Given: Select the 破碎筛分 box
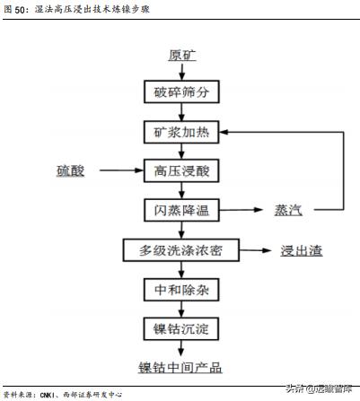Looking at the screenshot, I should [x=181, y=92].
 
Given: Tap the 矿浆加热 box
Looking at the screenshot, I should [x=181, y=132].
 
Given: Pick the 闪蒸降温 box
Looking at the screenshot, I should [x=181, y=210].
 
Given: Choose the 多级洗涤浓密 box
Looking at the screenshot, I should [x=181, y=249].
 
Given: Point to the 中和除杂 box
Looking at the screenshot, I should [x=181, y=289].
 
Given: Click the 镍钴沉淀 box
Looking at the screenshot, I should [x=181, y=327].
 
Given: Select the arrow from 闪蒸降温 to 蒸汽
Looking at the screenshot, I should [x=242, y=210].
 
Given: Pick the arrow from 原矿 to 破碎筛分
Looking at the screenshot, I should [x=181, y=72].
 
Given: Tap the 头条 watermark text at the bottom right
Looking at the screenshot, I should [x=295, y=388].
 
